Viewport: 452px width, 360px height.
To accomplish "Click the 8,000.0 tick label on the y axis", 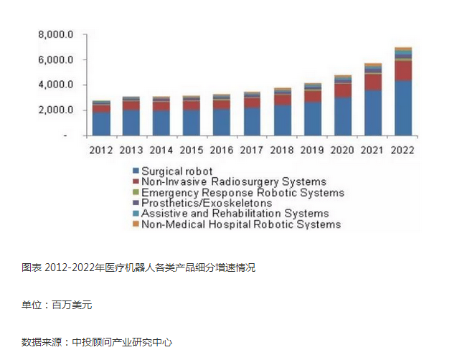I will tap(56, 34).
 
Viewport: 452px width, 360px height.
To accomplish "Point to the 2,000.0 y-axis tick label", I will tap(56, 110).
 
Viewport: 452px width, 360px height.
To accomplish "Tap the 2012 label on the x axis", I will tap(101, 150).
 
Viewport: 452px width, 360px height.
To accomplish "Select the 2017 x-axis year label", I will tap(252, 150).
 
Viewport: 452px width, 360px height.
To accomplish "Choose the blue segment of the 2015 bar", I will tap(192, 122).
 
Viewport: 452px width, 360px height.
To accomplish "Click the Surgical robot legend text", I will tap(176, 171).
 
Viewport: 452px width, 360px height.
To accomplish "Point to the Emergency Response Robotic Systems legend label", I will tap(243, 192).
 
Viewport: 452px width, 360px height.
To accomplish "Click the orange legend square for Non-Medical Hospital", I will tap(135, 224).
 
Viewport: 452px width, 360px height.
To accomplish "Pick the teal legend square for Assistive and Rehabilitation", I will tap(135, 214).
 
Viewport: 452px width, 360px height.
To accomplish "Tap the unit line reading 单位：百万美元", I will tap(57, 305).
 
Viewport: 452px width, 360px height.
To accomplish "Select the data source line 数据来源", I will tap(97, 342).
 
